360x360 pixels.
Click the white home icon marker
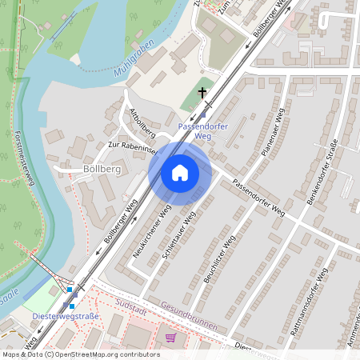pos(180,173)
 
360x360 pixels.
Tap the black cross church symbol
pos(203,94)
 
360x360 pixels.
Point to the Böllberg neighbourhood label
pos(100,170)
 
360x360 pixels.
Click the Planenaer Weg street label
pos(273,133)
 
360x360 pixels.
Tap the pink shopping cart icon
pos(170,338)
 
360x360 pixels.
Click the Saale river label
pos(9,295)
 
